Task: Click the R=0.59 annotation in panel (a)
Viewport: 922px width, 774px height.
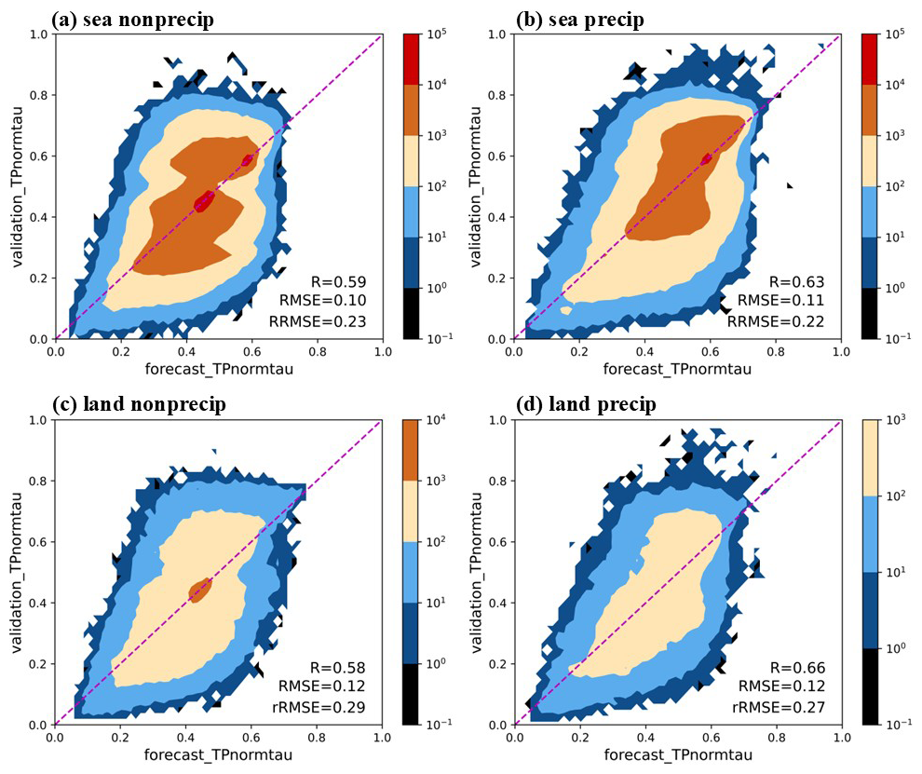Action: tap(339, 281)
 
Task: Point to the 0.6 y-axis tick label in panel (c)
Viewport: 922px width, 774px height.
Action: tap(35, 542)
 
